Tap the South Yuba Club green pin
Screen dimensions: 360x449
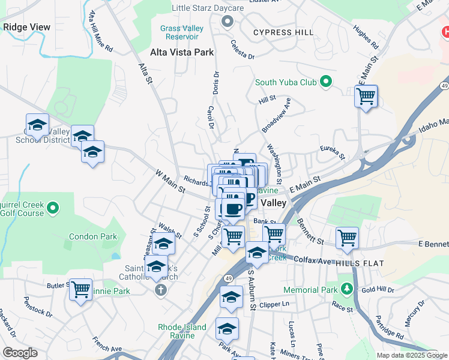point(326,82)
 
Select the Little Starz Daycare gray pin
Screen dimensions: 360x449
point(227,22)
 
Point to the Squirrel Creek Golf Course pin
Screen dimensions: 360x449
point(53,208)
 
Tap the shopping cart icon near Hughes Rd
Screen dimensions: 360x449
point(366,95)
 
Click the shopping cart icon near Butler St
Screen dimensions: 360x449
point(80,289)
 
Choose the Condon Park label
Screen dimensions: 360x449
point(93,236)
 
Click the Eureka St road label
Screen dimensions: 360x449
point(332,152)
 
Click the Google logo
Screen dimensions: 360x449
point(20,353)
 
